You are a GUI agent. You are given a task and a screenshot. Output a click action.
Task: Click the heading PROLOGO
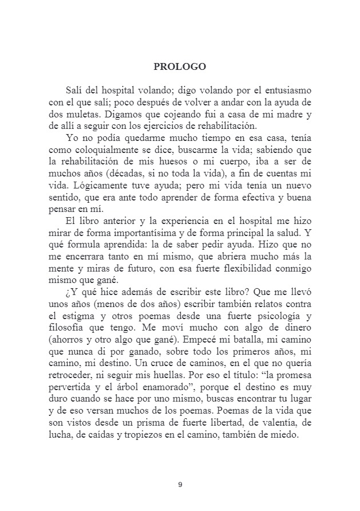180,66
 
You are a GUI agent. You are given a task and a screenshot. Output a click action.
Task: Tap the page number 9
180,485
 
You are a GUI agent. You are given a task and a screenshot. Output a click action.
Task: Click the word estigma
84,329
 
